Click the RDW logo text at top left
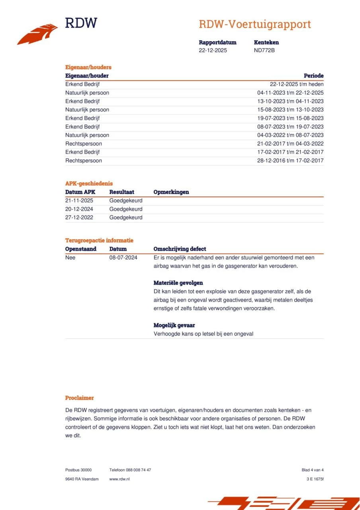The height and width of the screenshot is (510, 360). (81, 23)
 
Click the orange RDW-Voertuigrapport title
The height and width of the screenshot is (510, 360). (255, 24)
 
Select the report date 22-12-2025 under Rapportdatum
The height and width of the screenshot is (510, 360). (213, 50)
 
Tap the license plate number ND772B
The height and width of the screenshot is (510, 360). (264, 50)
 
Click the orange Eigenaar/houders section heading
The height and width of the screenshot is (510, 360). (88, 67)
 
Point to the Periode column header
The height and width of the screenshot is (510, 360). (313, 76)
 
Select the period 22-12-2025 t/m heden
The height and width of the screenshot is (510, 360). (297, 84)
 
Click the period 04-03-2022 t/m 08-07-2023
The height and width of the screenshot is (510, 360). (290, 135)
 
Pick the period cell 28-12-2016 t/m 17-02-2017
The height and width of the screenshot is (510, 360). (290, 161)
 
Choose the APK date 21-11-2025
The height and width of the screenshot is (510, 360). (79, 200)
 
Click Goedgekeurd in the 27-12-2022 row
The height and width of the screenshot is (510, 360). (126, 218)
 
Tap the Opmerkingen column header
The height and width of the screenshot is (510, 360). (171, 192)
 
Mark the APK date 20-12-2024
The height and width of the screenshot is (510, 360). (79, 209)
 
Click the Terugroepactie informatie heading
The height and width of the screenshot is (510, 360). (99, 241)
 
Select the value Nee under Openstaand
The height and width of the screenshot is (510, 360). (70, 258)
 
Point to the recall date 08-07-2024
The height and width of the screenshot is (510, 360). (123, 258)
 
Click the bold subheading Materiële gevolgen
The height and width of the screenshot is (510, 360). (178, 283)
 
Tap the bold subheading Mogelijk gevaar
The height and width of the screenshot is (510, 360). (174, 326)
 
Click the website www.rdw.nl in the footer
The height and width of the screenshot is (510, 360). (119, 479)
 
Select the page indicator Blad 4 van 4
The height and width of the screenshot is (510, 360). (313, 470)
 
